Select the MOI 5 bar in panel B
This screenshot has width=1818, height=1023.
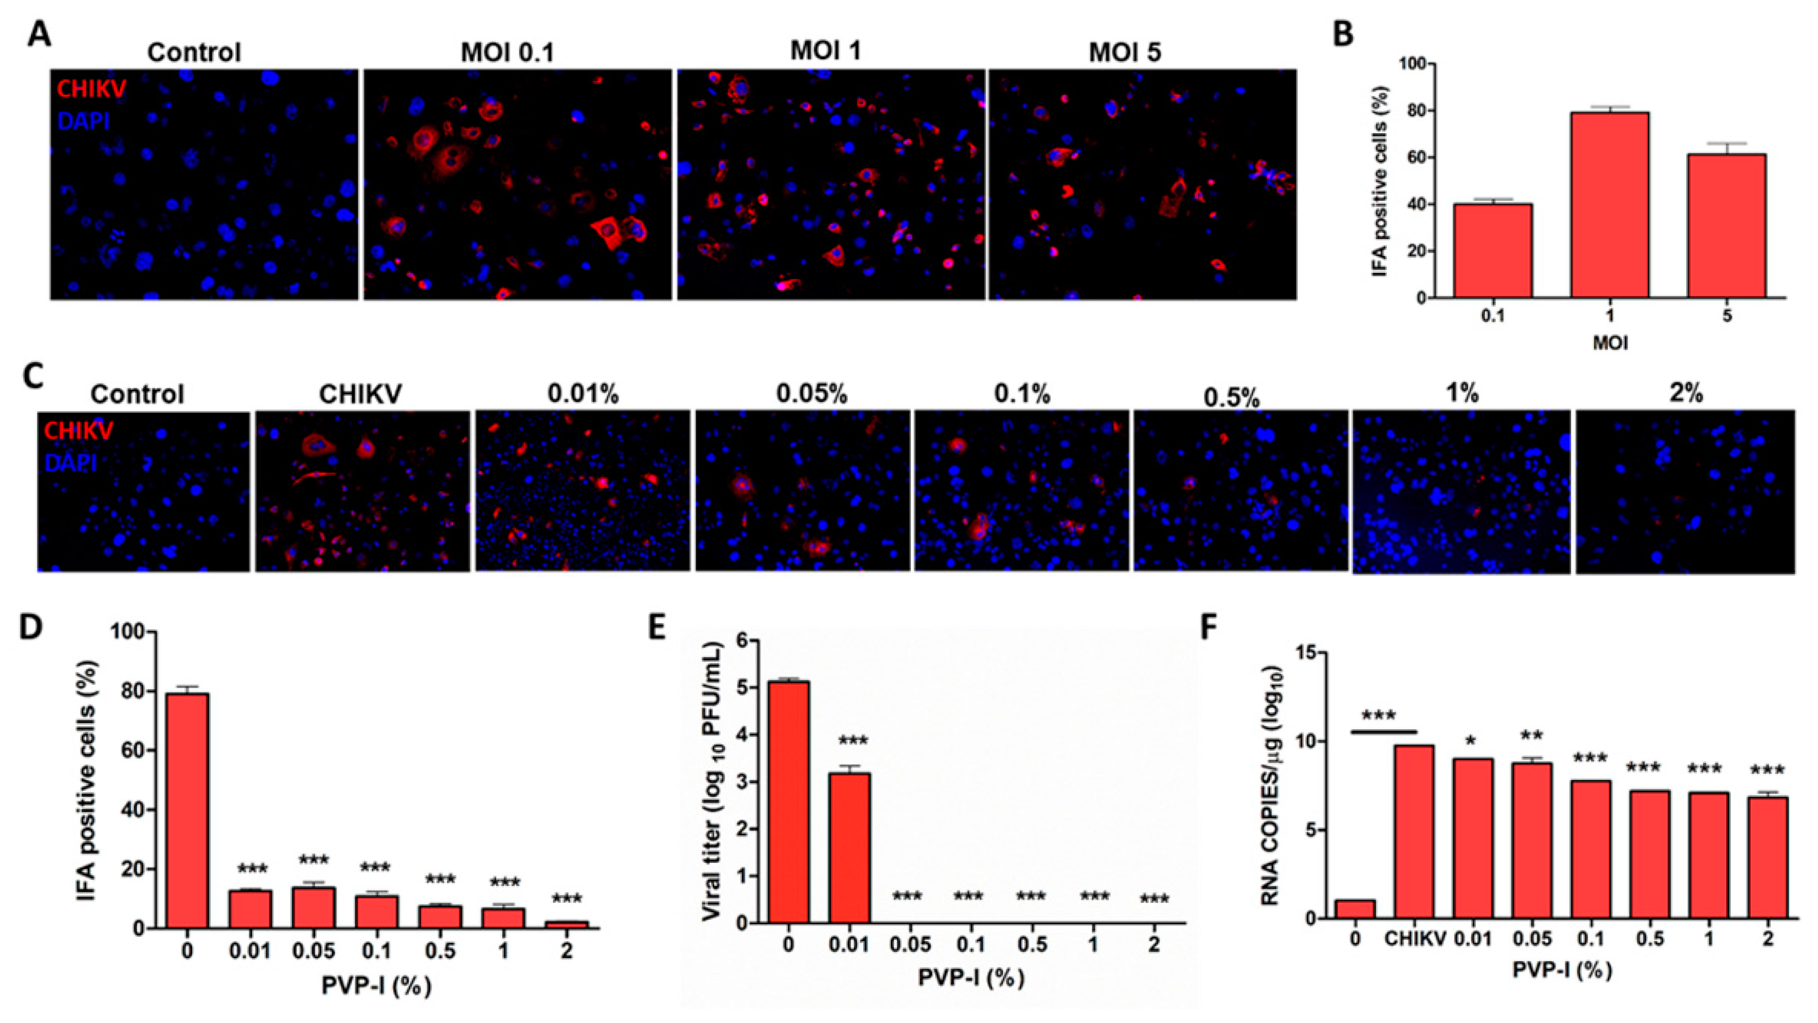pyautogui.click(x=1726, y=226)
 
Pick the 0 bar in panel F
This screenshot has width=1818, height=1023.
pyautogui.click(x=1354, y=909)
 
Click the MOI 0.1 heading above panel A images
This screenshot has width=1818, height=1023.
pyautogui.click(x=507, y=52)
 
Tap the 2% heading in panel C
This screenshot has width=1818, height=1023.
pyautogui.click(x=1686, y=393)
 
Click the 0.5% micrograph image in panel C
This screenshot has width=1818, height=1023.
pyautogui.click(x=1240, y=490)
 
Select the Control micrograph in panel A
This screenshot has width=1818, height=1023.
pyautogui.click(x=204, y=184)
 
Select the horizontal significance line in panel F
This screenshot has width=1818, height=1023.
pyautogui.click(x=1384, y=731)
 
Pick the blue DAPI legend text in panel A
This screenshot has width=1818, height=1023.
pyautogui.click(x=84, y=121)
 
